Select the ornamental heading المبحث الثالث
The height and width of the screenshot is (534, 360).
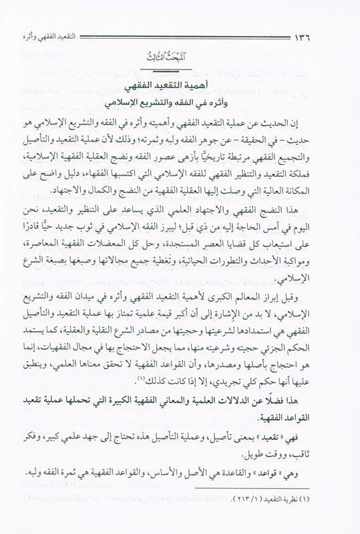[x=180, y=62]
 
